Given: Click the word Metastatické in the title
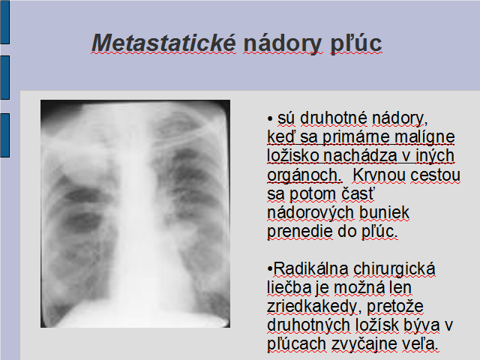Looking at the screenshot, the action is [164, 43].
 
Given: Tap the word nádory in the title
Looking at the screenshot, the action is [283, 44].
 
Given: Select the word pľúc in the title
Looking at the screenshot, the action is [356, 44].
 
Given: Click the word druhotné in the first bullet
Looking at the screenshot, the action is [333, 118].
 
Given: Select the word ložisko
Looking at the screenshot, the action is [292, 155].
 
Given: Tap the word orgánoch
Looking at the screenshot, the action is [304, 175].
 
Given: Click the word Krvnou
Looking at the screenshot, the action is [379, 175].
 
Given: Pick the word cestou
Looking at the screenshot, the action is [435, 175].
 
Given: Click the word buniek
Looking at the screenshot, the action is [384, 212].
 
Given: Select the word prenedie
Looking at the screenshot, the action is [300, 232].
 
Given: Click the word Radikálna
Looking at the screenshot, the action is [310, 268].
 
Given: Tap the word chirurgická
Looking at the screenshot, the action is [394, 269].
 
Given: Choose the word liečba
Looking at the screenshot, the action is [289, 287].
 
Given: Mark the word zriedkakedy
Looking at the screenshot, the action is [312, 307].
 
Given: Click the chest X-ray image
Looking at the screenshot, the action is [135, 214].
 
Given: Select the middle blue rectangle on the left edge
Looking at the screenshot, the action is [5, 77].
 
